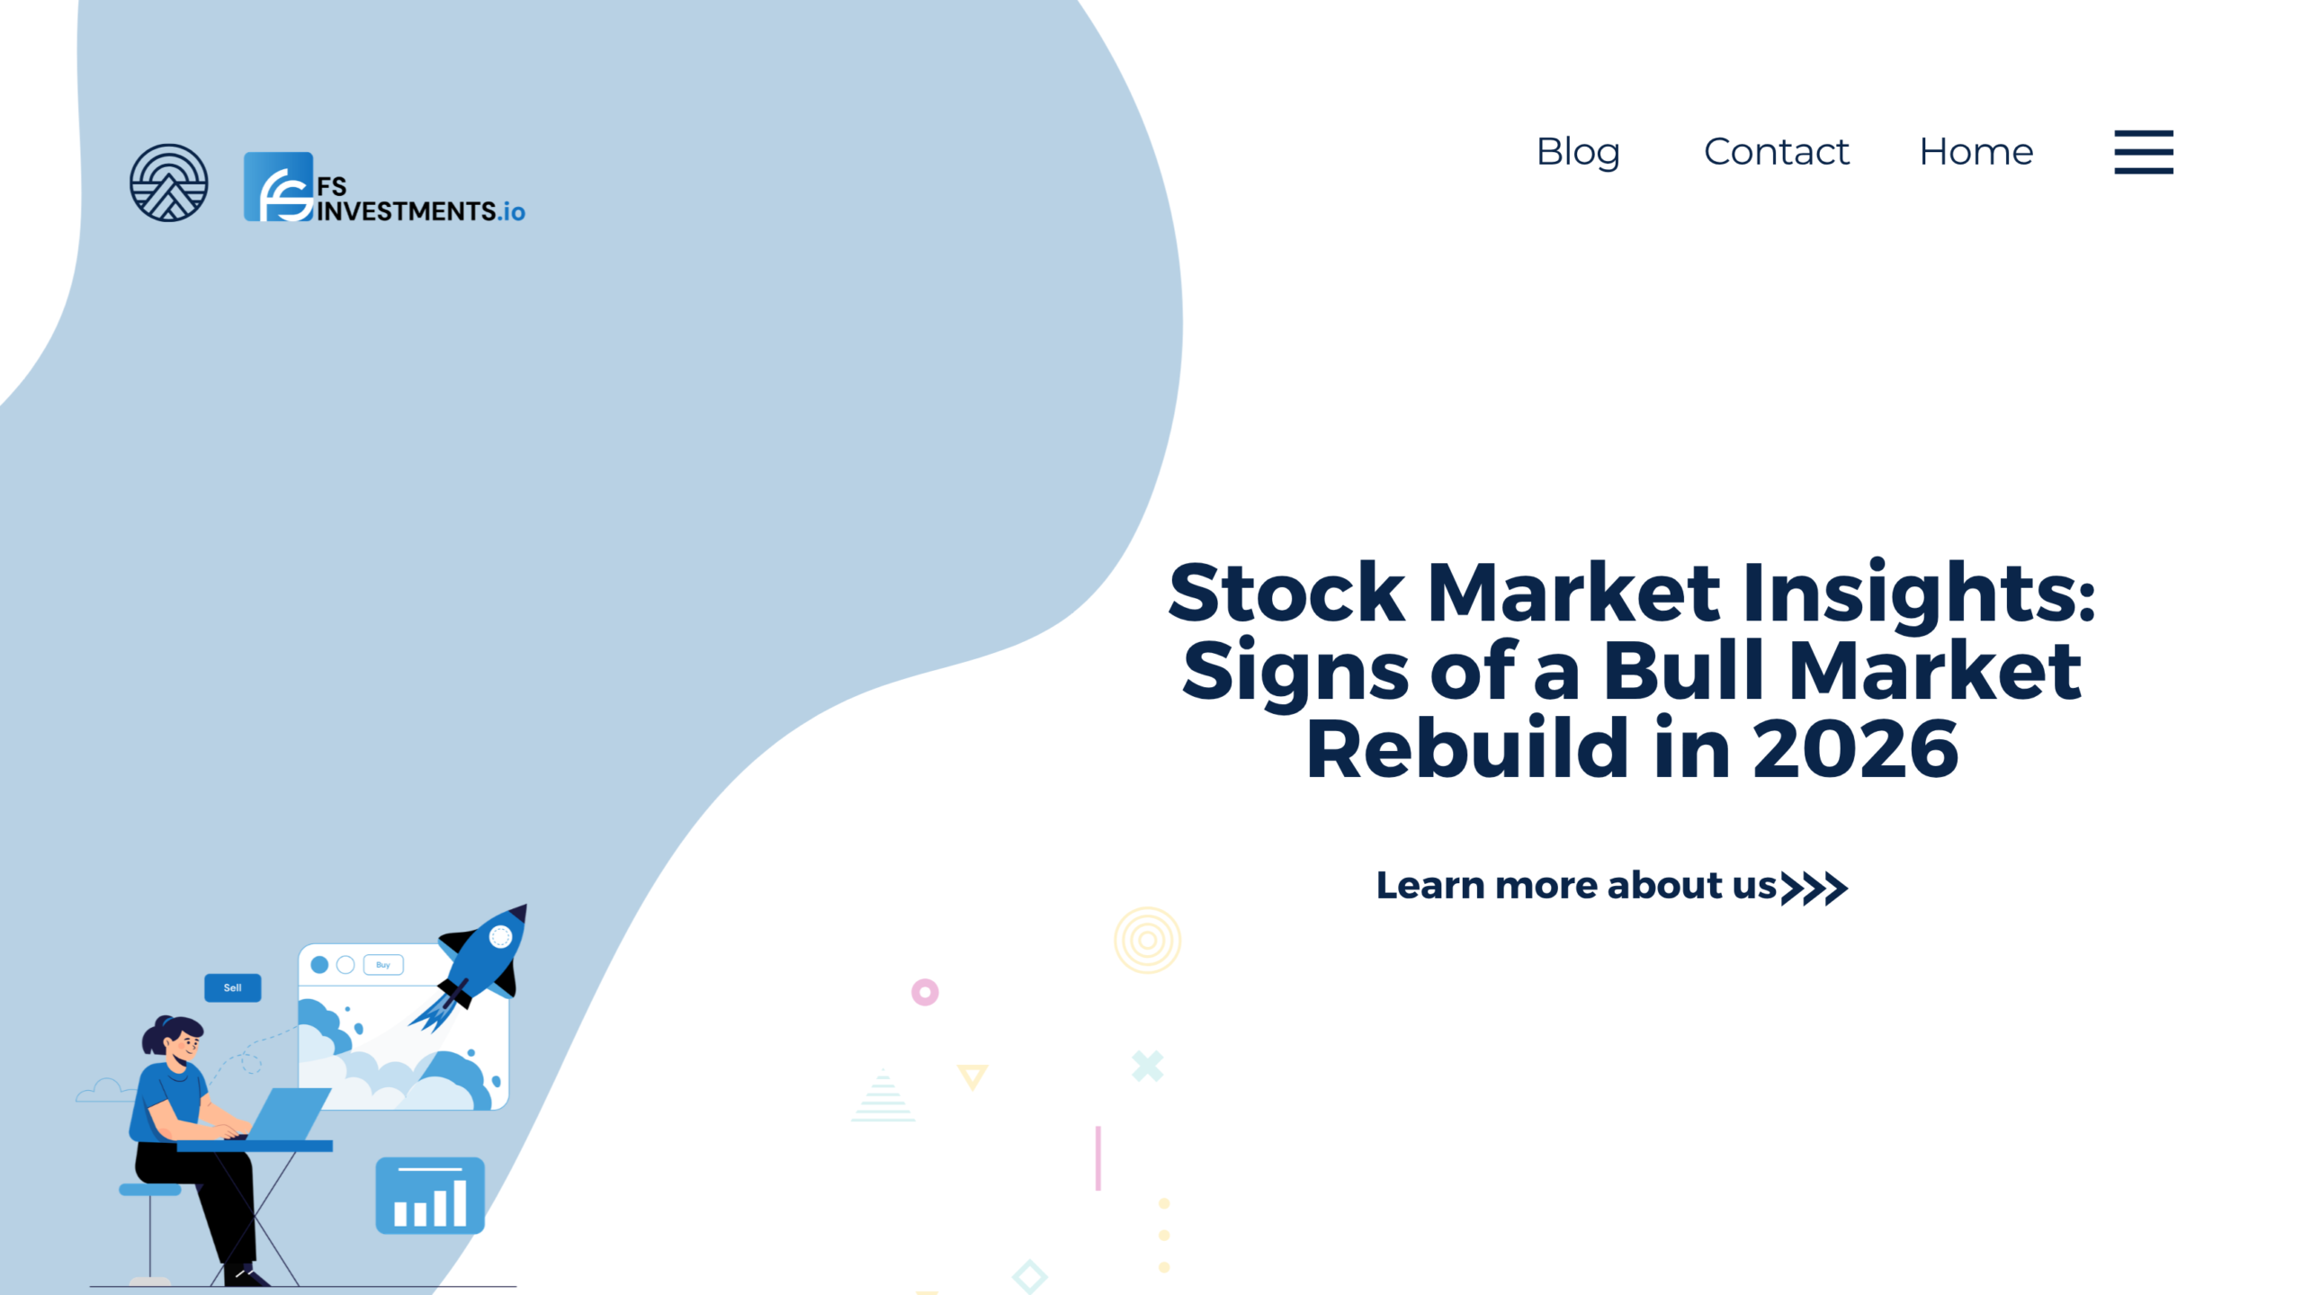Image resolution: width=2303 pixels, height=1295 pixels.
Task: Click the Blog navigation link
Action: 1578,151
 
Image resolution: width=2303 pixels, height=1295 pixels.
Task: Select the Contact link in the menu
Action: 1776,151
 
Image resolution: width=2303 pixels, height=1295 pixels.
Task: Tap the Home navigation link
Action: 1976,151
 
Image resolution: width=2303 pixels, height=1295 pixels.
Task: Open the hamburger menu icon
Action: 2143,152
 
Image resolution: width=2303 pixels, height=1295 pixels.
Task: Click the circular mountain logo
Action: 168,183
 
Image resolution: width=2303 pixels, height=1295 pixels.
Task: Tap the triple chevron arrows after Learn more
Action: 1814,888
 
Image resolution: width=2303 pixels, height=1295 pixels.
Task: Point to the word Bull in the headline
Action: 1682,670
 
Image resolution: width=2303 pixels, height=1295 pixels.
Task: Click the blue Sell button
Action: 232,987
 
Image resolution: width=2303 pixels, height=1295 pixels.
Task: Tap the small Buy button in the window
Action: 383,965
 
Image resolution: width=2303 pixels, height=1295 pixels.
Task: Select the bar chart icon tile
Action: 430,1195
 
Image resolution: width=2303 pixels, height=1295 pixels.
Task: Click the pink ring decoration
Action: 925,992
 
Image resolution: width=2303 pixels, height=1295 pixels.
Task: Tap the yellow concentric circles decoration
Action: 1147,940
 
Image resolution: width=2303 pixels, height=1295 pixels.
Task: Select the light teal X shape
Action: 1147,1066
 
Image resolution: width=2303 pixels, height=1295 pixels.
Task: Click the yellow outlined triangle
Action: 972,1076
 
